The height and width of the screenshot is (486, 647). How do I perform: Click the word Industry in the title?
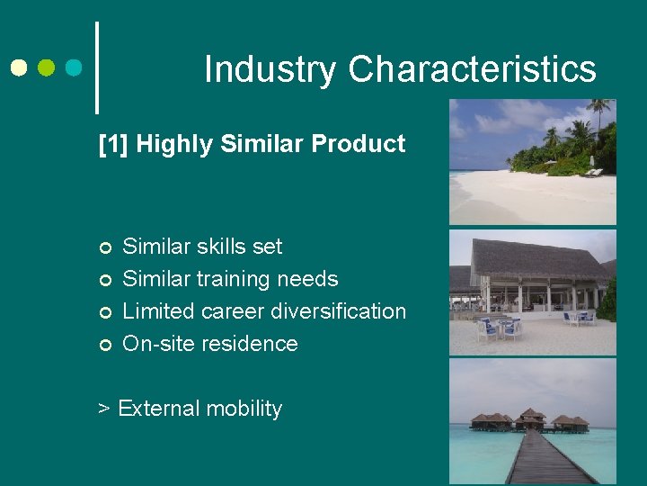[270, 69]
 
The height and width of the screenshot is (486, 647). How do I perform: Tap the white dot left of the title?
[19, 67]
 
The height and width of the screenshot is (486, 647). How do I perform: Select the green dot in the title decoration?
[47, 67]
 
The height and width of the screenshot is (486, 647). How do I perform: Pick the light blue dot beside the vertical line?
[74, 67]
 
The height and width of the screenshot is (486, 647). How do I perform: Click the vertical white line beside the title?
[96, 67]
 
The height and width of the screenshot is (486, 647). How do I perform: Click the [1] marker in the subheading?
[114, 143]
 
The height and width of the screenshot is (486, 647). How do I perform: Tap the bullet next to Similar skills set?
[105, 247]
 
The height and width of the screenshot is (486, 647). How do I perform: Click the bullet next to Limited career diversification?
[105, 312]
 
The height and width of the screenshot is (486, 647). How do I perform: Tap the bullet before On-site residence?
[105, 345]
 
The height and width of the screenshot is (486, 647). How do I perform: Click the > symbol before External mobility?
[104, 409]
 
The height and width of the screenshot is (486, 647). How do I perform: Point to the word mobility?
[242, 409]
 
